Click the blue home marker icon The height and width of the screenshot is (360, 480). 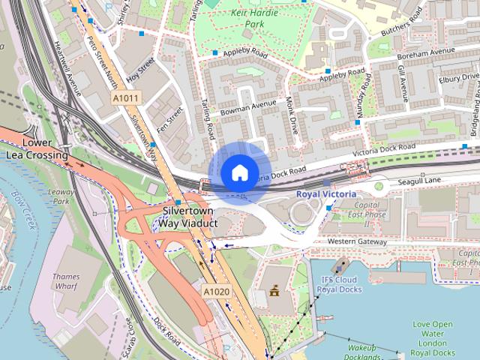239,173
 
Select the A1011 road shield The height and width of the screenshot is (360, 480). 125,97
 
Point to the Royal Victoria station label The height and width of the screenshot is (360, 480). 326,193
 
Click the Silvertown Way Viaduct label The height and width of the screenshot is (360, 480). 180,217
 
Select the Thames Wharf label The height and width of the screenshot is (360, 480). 66,281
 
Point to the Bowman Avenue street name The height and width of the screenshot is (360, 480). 244,109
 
